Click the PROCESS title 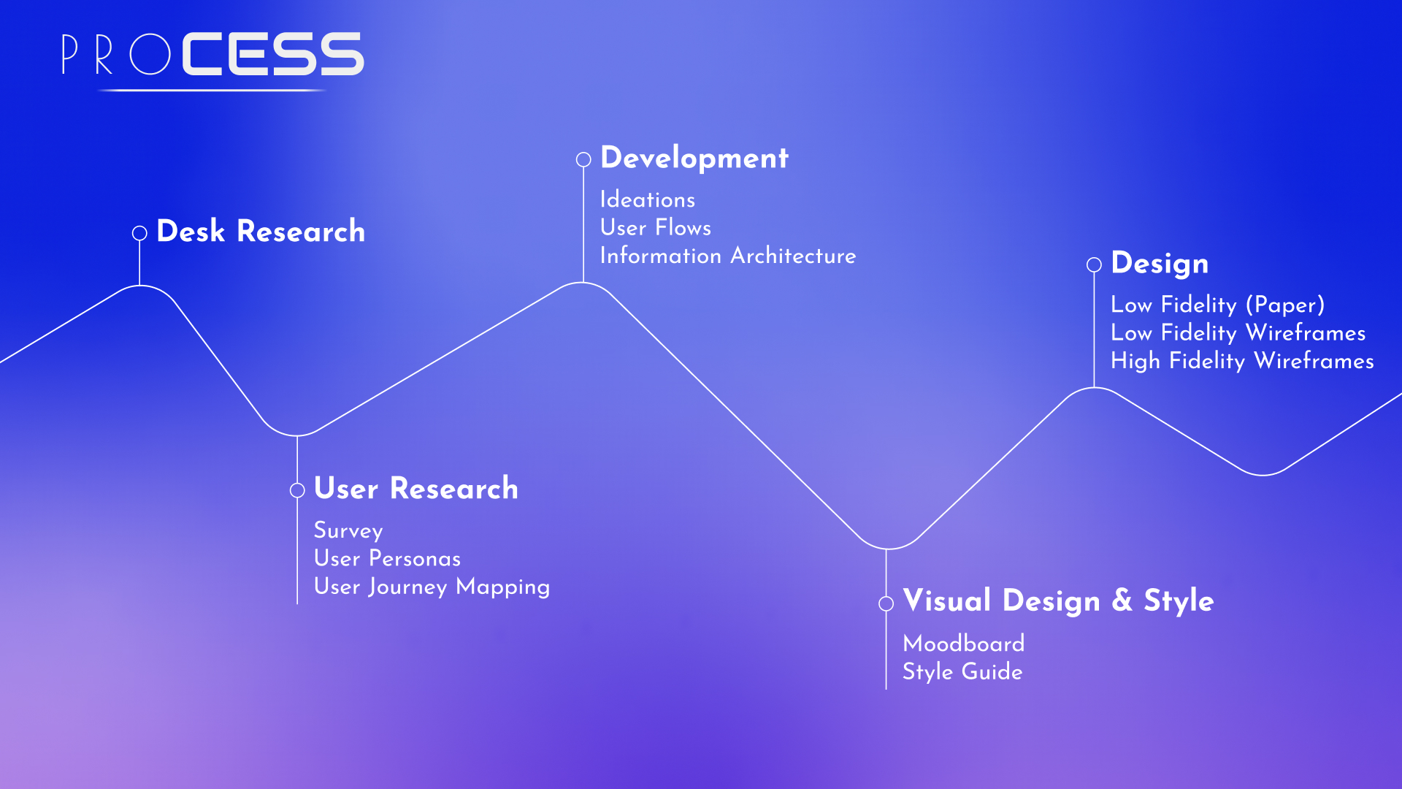[x=212, y=53]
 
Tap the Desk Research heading [x=261, y=231]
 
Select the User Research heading [x=416, y=488]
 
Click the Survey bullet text [x=348, y=531]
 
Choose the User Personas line [x=387, y=558]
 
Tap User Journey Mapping [x=432, y=587]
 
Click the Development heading [x=694, y=158]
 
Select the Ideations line [x=648, y=199]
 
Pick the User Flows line [x=656, y=227]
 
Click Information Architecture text [x=728, y=256]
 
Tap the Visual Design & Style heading [x=1058, y=601]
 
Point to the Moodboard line [x=964, y=644]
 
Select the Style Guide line [x=962, y=671]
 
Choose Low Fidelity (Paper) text [x=1217, y=305]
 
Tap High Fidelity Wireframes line [x=1242, y=361]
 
